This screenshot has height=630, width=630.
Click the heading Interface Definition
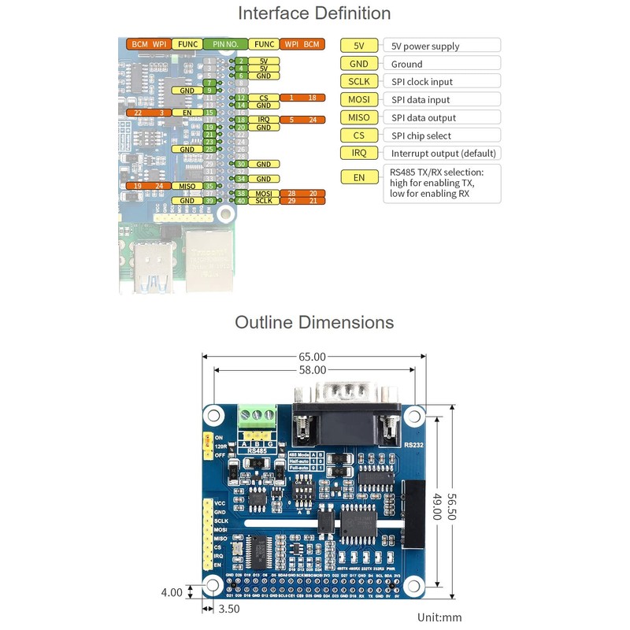click(314, 13)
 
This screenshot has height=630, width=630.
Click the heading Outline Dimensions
click(314, 323)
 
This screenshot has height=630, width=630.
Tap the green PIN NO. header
click(225, 45)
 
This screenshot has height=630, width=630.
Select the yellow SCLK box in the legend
click(359, 82)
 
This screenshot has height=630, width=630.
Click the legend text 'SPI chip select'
click(422, 135)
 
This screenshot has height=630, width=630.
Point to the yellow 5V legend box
click(359, 46)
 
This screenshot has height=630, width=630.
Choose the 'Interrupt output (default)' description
click(437, 153)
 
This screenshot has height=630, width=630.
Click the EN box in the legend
click(359, 178)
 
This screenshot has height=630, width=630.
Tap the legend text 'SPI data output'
click(424, 117)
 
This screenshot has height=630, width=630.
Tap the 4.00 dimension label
click(172, 593)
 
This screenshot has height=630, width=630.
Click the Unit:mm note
click(439, 617)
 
